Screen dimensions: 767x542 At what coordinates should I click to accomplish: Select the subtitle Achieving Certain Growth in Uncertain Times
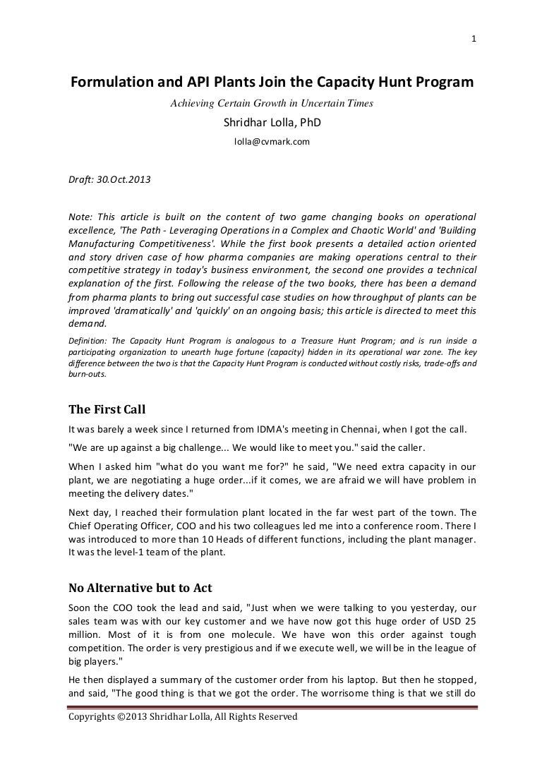point(272,104)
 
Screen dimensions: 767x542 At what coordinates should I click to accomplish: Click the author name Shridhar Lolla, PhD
point(272,122)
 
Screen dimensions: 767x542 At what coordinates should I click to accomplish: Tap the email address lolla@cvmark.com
point(272,141)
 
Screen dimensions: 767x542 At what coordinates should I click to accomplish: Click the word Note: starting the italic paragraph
point(80,216)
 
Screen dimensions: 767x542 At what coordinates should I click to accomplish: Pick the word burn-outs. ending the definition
point(86,374)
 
